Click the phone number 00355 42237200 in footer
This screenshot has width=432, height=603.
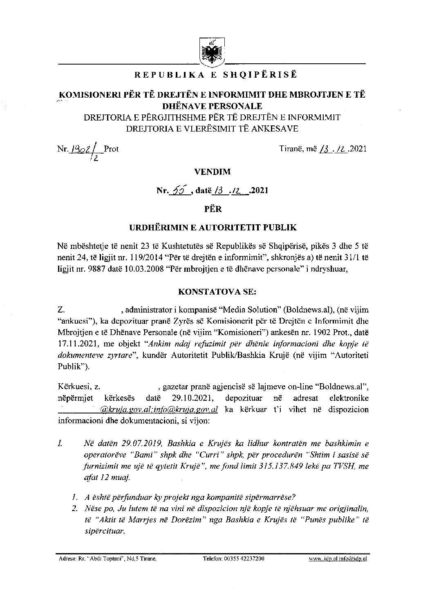233,558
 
